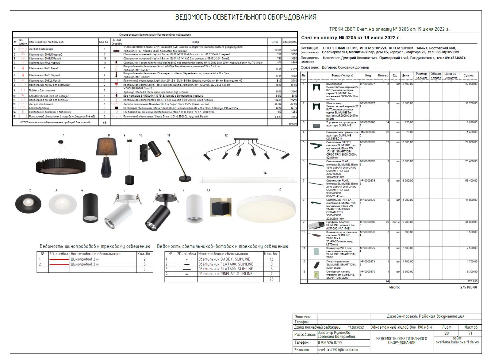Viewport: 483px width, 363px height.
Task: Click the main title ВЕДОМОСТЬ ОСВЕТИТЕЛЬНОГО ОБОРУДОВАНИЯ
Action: click(x=246, y=17)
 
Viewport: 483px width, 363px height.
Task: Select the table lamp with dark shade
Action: click(x=106, y=157)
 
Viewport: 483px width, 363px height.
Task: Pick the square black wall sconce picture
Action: click(x=221, y=207)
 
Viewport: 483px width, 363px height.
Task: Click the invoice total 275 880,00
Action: click(x=469, y=287)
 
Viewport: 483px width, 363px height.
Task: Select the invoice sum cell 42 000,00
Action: click(x=471, y=84)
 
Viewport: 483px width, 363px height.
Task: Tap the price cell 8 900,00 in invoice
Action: click(x=407, y=181)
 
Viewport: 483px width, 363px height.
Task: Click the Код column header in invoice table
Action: click(x=368, y=75)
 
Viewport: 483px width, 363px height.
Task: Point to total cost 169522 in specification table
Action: click(x=293, y=124)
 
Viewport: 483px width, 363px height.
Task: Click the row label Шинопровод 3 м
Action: click(x=85, y=264)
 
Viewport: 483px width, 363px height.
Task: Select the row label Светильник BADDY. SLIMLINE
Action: click(x=224, y=259)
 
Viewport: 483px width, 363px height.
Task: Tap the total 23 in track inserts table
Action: click(x=271, y=279)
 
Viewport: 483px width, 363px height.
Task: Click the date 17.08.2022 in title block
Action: click(x=356, y=327)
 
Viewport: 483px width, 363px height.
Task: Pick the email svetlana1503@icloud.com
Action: click(x=338, y=350)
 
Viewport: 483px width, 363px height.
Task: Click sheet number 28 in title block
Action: click(x=446, y=333)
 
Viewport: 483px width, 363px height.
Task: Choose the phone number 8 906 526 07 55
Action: click(x=330, y=342)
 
